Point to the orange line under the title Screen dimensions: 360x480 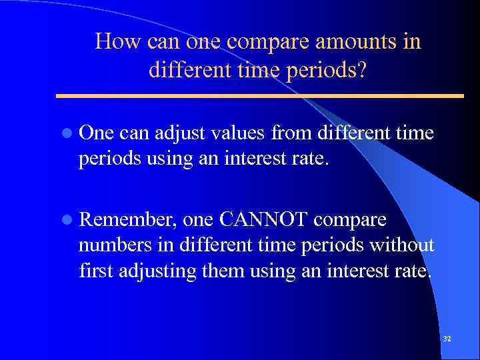pos(260,95)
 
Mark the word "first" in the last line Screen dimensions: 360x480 pos(95,271)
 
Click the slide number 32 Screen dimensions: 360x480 pos(447,339)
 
